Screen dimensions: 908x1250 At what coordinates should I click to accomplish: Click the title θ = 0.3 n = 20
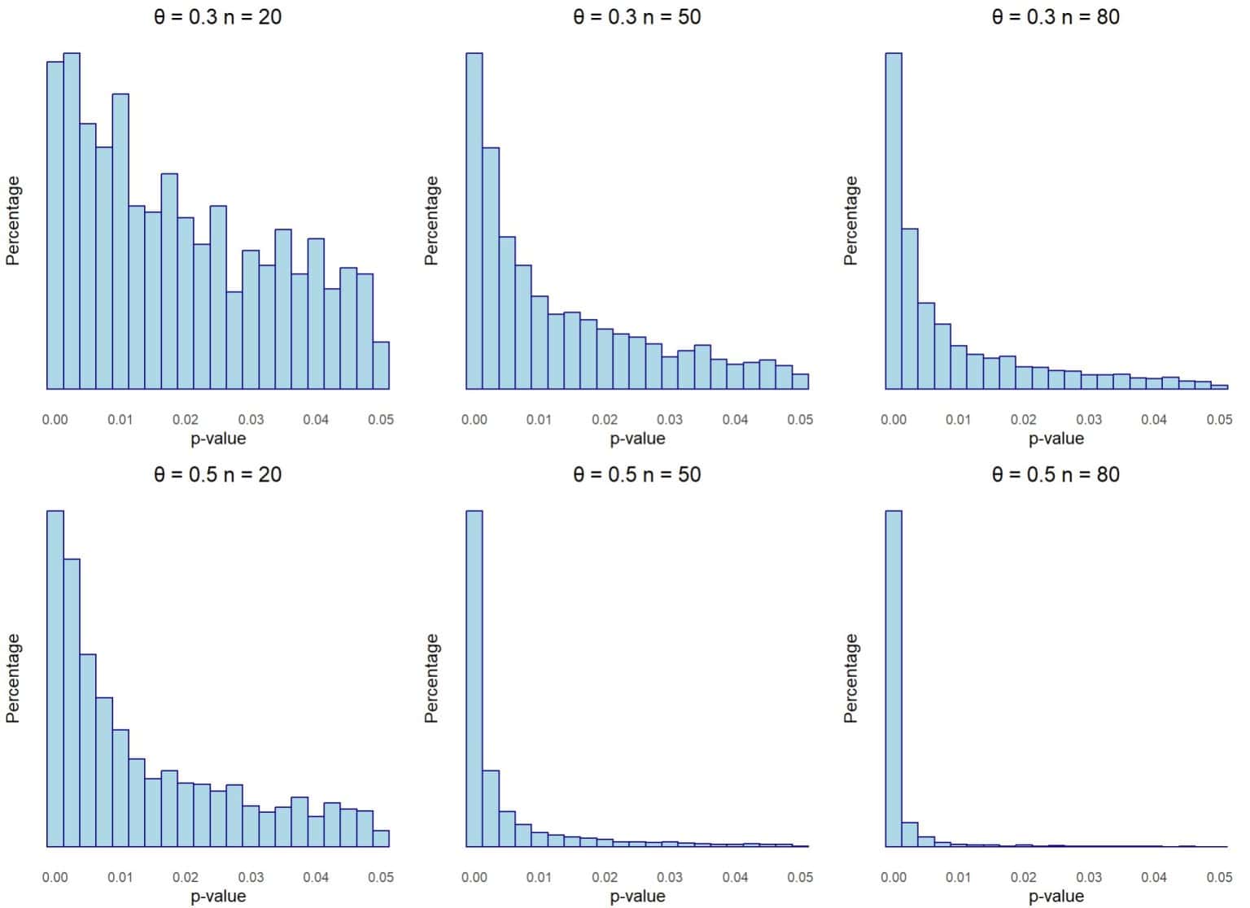pos(217,16)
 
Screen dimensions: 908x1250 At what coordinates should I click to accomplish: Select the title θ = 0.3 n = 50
pos(636,16)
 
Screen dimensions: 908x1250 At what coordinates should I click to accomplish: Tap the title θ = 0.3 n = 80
pos(1056,16)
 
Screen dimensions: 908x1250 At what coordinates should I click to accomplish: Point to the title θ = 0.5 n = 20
pos(217,474)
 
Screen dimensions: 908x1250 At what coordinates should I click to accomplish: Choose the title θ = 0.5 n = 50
pos(636,474)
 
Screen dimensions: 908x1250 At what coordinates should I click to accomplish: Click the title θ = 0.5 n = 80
pos(1056,474)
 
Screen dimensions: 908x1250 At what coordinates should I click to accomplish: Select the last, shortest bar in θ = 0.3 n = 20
pos(381,365)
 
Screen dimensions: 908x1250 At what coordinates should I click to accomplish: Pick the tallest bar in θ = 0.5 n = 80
pos(894,679)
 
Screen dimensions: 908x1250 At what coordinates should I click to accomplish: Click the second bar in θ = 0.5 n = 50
pos(491,809)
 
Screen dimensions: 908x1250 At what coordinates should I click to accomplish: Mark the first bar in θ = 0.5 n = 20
pos(55,679)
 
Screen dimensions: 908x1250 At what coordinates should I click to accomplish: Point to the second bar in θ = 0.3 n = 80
pos(910,309)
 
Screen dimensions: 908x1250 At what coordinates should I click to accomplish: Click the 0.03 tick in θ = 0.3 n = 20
pos(251,420)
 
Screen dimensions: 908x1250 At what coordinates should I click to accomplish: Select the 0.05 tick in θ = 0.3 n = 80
pos(1219,420)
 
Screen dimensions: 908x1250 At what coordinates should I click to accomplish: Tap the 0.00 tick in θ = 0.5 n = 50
pos(474,877)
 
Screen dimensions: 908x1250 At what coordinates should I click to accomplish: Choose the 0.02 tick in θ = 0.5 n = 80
pos(1024,877)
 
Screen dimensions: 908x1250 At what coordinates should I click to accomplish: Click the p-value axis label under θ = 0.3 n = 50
pos(637,439)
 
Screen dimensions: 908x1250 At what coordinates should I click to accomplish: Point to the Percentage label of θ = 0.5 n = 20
pos(13,679)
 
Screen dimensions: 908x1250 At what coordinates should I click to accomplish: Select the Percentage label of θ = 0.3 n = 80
pos(851,220)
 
